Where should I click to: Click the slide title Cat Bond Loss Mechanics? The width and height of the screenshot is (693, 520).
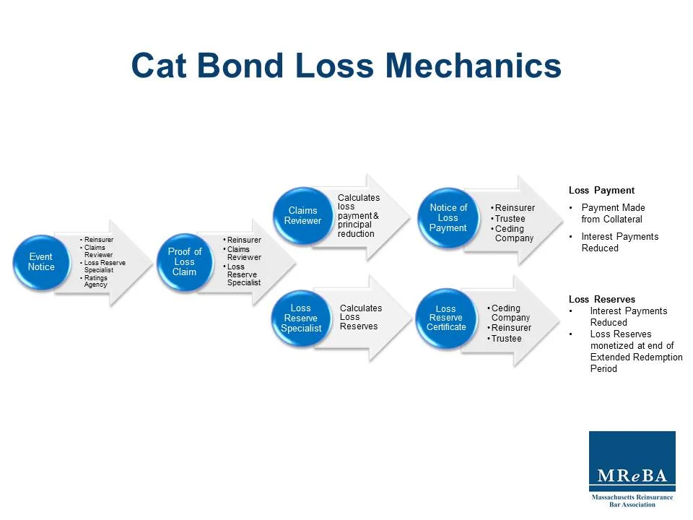point(346,66)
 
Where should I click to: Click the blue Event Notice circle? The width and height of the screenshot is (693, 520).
point(41,262)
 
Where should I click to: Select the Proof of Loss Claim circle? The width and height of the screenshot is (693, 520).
point(185,262)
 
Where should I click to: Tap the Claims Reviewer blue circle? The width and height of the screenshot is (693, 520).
point(302,216)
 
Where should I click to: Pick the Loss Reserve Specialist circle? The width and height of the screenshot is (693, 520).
point(301,318)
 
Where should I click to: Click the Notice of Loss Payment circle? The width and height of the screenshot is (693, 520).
point(448,218)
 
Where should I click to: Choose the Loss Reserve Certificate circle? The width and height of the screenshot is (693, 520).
point(445,318)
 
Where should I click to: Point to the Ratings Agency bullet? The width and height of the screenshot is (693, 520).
point(95,281)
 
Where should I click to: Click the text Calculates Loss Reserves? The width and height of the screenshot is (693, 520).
point(360,317)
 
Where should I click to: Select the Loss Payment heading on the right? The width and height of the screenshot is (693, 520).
point(601,191)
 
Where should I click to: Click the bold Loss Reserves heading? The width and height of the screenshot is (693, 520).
point(602,299)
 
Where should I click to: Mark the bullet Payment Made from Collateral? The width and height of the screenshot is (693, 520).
point(613,213)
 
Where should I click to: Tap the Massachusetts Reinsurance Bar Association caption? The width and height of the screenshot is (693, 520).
point(632,500)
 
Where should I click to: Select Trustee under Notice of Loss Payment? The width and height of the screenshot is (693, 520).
point(510,219)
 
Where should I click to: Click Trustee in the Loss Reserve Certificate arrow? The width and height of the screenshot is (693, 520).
point(506,338)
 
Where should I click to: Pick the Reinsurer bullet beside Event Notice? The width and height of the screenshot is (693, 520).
point(98,240)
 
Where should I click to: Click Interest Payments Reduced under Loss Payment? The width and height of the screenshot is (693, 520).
point(619,242)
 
